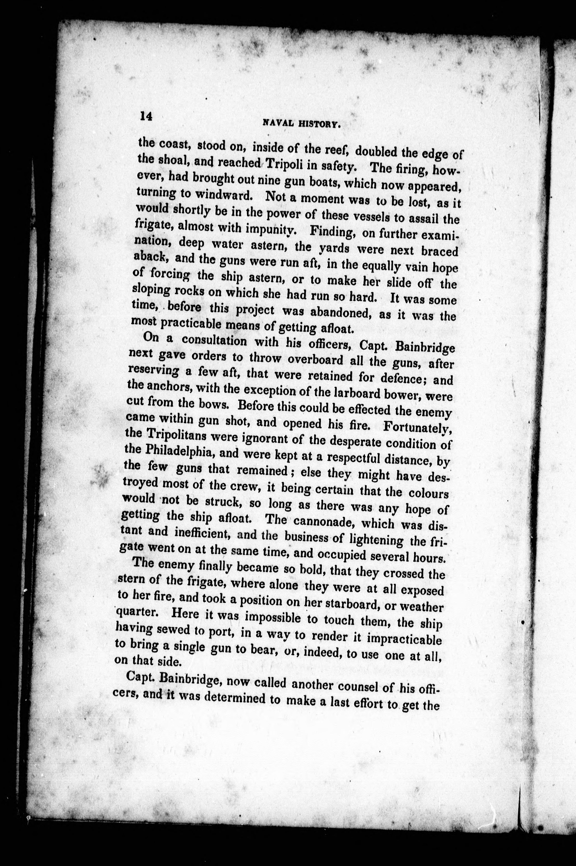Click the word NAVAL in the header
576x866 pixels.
pyautogui.click(x=277, y=123)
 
